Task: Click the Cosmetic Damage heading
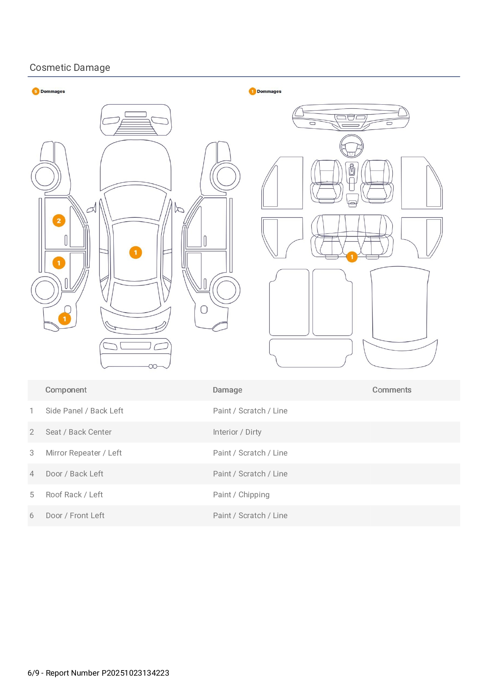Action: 70,68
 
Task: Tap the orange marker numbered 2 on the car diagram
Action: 59,221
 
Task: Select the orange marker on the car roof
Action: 135,252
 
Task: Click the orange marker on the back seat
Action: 352,257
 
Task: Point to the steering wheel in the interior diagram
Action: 351,146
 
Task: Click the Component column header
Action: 66,390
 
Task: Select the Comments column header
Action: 392,390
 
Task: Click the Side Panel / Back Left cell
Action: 84,411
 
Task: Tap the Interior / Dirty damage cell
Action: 237,432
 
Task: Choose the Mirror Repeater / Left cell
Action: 83,453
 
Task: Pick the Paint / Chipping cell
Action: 241,495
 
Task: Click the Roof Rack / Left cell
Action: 74,495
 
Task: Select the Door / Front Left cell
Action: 75,515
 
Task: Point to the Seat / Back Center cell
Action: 78,432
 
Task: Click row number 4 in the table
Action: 32,474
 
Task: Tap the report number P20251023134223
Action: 135,673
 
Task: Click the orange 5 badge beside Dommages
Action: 35,91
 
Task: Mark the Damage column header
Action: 227,390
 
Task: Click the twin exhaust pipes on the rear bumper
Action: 153,367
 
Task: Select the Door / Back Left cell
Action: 74,474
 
